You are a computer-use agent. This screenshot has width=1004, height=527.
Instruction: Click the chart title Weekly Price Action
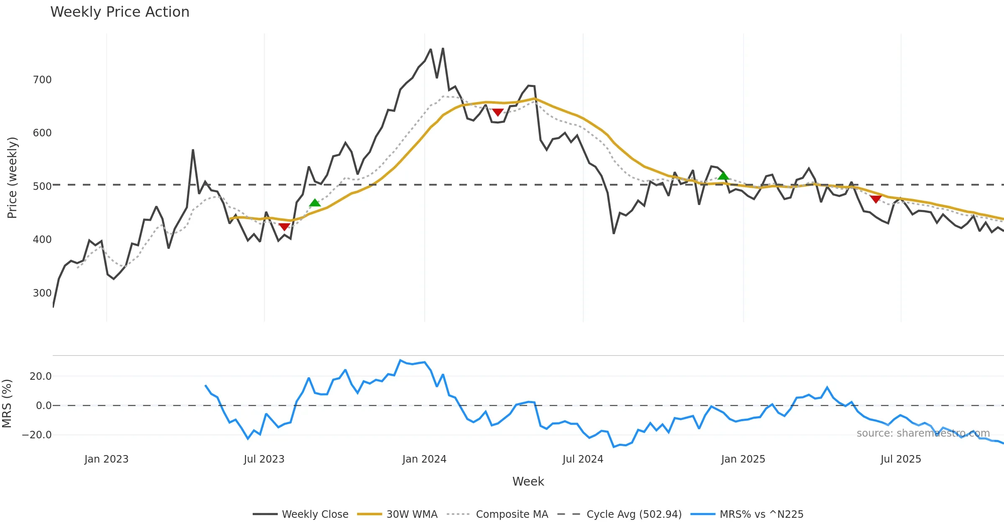[120, 12]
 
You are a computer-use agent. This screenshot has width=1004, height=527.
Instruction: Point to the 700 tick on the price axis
[42, 79]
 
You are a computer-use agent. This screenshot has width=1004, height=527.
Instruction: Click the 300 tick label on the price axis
[42, 293]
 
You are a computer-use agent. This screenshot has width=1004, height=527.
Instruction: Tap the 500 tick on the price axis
[42, 186]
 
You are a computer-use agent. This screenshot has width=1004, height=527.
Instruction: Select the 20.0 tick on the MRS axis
[41, 376]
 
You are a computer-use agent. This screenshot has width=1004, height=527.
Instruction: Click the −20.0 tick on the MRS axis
[37, 435]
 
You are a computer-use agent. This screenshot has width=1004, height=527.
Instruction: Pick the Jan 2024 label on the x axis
[424, 459]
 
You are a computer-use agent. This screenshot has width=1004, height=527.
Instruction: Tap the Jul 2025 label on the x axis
[901, 459]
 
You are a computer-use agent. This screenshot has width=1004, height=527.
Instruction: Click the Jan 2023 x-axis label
[106, 459]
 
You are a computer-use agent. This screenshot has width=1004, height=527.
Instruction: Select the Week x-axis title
[528, 481]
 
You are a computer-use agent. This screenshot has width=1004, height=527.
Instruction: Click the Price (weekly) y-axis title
[12, 178]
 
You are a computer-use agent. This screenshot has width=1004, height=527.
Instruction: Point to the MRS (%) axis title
[7, 403]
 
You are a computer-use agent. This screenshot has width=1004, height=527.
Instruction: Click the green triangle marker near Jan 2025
[723, 176]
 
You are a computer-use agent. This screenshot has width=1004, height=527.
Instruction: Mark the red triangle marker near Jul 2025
[876, 200]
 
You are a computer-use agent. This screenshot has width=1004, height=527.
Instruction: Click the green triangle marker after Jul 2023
[315, 203]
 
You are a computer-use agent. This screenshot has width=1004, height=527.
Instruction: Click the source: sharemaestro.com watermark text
[923, 433]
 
